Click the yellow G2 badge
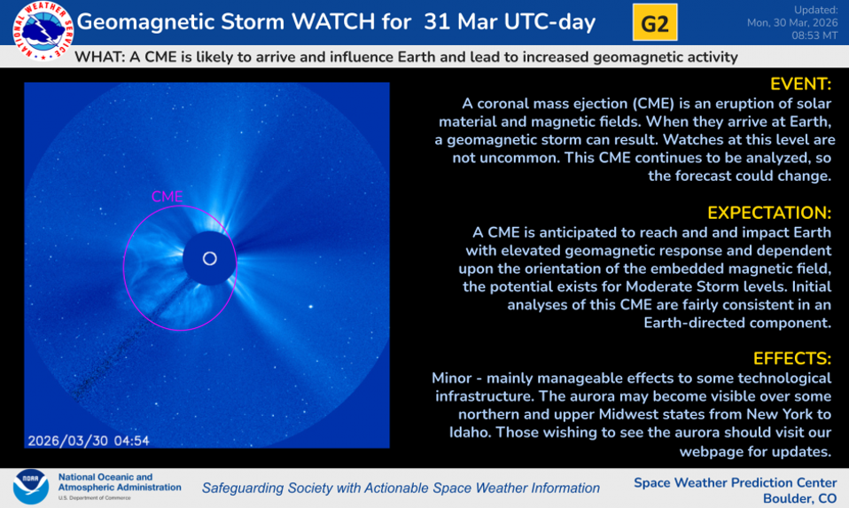point(655,23)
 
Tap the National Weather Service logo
point(43,30)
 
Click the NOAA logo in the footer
point(31,487)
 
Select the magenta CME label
point(167,197)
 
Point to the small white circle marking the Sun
point(209,259)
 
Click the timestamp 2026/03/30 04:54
point(89,441)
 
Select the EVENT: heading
point(800,84)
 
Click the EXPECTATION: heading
point(769,213)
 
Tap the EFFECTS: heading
point(791,358)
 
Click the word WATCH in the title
point(333,22)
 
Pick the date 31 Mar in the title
point(459,22)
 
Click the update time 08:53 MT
point(814,35)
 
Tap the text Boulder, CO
point(799,498)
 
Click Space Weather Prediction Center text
point(736,482)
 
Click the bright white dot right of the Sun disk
point(311,307)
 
